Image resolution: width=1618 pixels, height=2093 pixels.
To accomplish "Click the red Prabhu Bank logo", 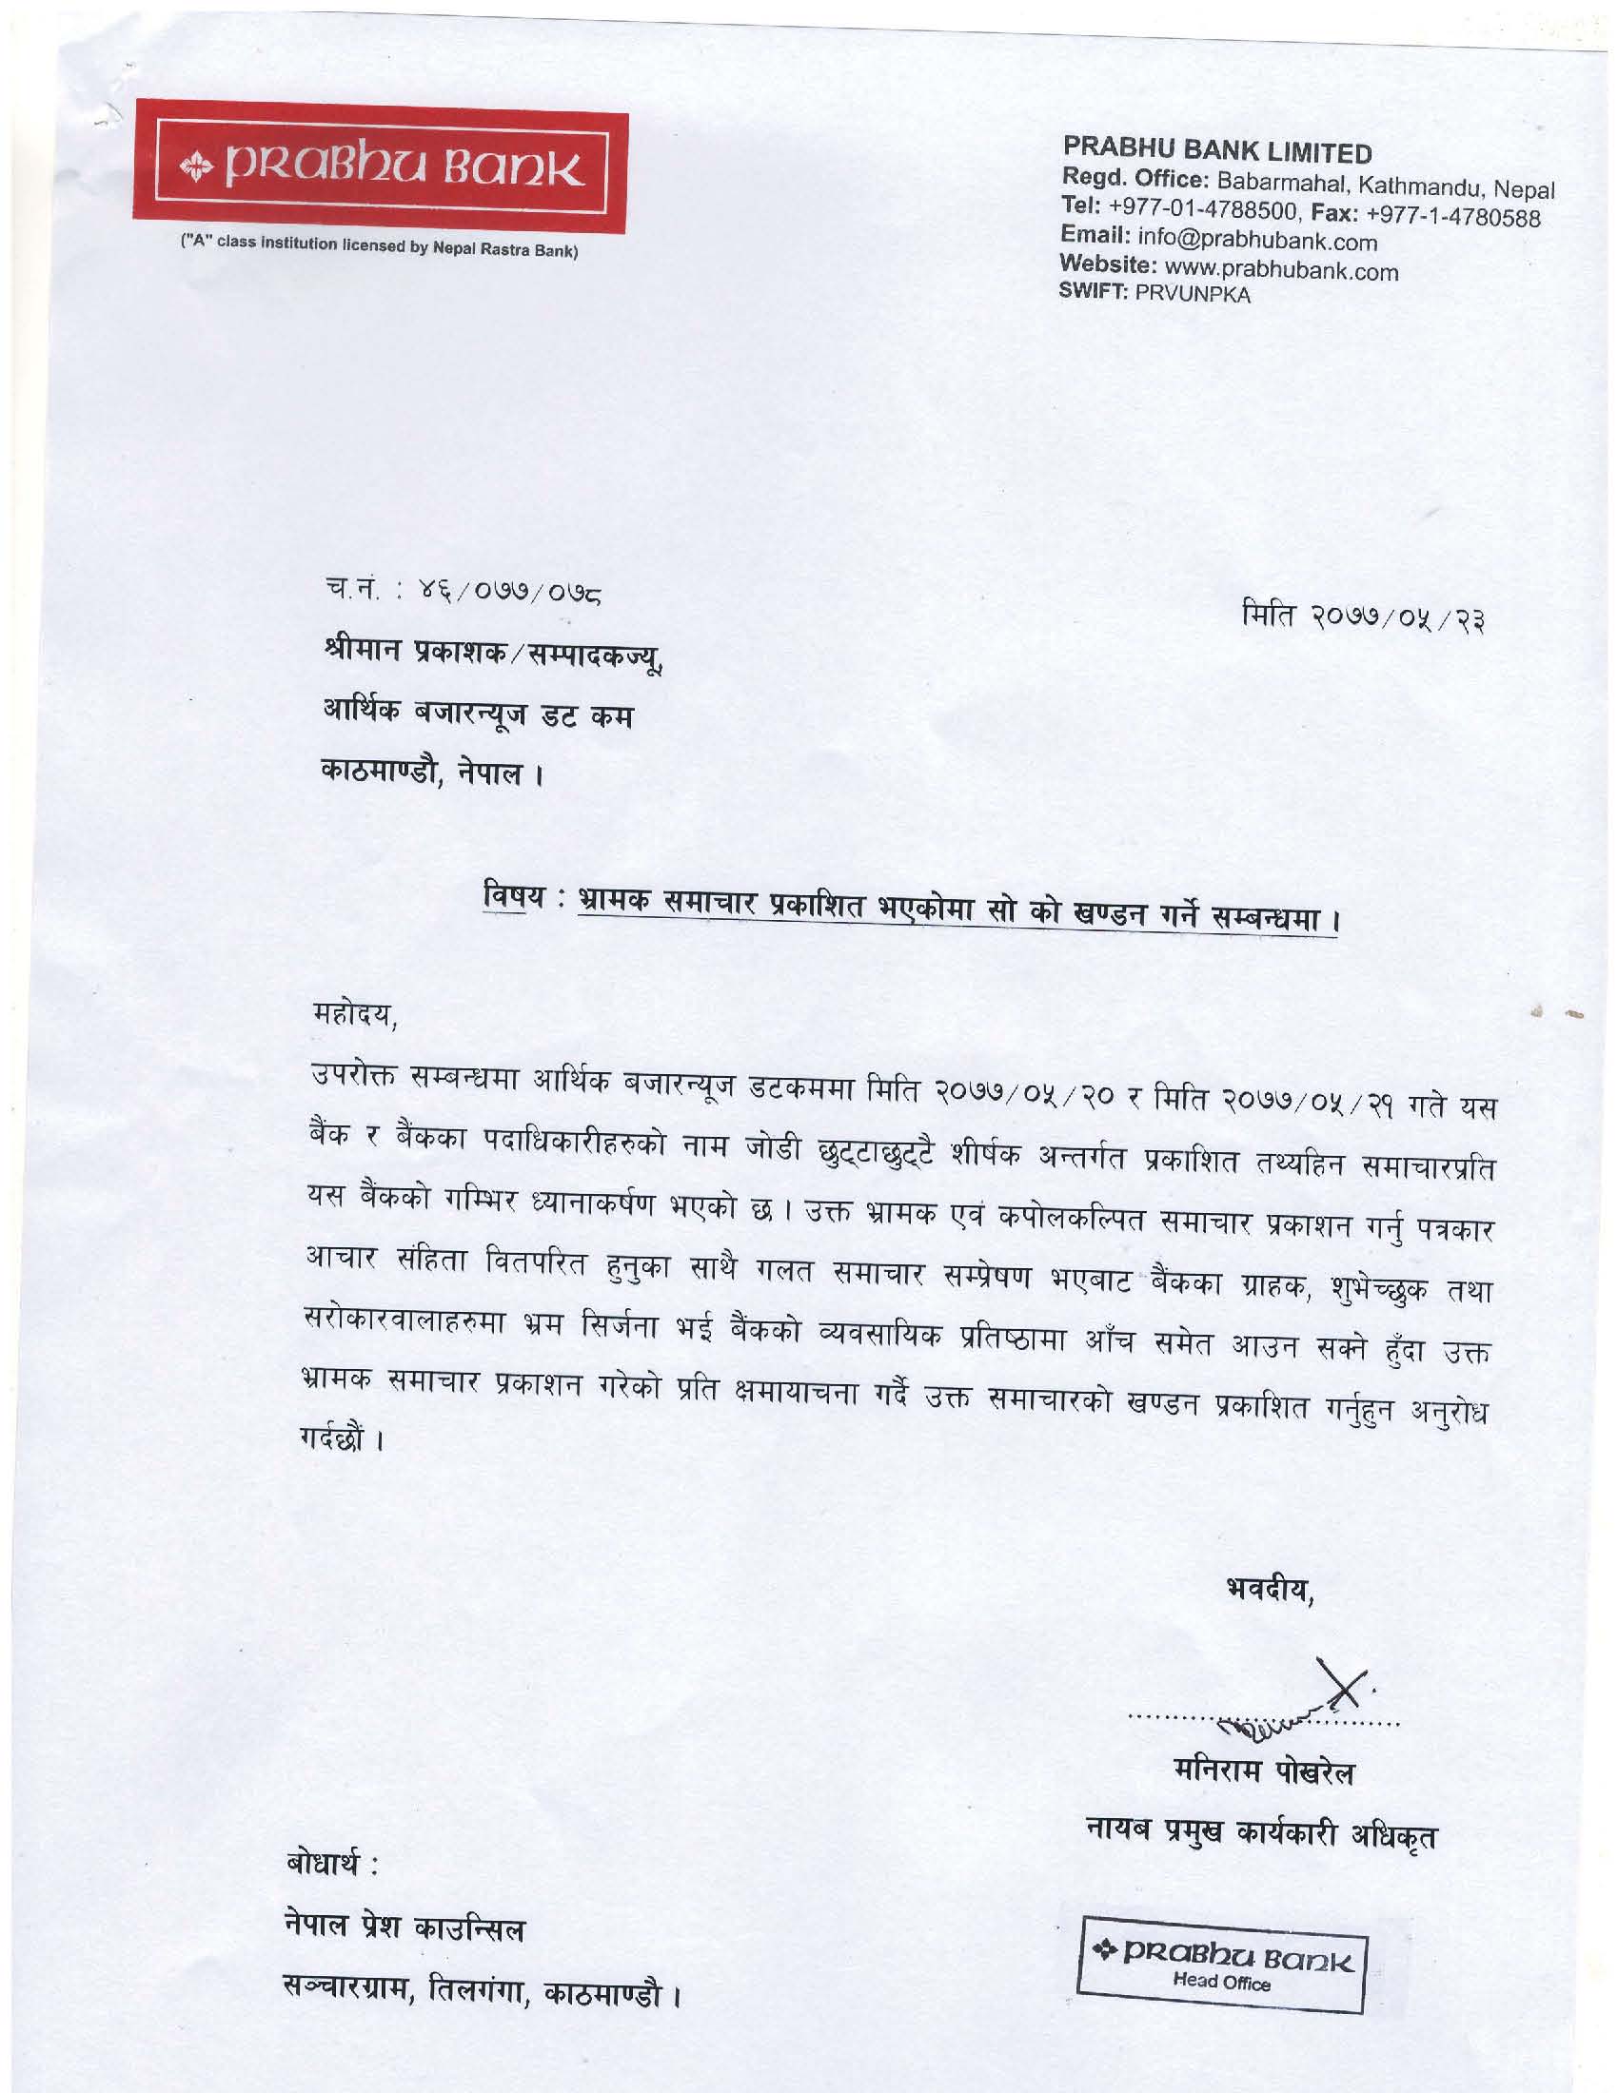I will pyautogui.click(x=382, y=168).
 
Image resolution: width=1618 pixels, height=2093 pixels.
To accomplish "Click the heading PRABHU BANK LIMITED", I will pyautogui.click(x=1216, y=151).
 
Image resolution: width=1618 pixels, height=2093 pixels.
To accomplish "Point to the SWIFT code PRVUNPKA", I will pyautogui.click(x=1193, y=295).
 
